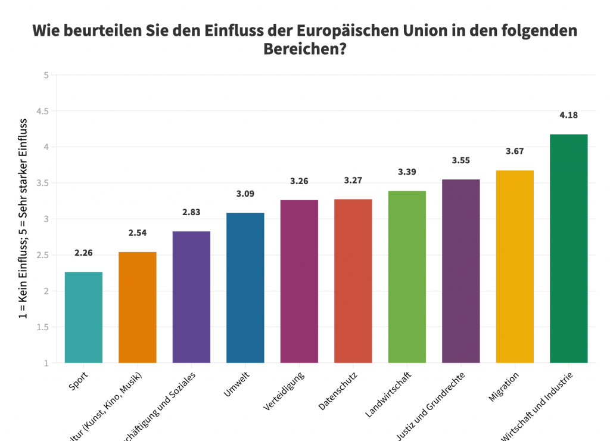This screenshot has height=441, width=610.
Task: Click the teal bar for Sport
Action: pyautogui.click(x=83, y=317)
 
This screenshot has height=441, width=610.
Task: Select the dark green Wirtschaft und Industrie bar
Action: pyautogui.click(x=568, y=249)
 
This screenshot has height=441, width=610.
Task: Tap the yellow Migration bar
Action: pyautogui.click(x=515, y=266)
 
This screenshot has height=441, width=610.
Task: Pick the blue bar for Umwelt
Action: pyautogui.click(x=245, y=287)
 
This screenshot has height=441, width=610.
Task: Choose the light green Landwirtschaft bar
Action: pyautogui.click(x=407, y=277)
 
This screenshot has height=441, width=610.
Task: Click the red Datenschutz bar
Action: pyautogui.click(x=353, y=281)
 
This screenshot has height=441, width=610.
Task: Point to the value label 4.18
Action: pyautogui.click(x=568, y=115)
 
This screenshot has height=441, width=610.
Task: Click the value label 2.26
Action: pyautogui.click(x=84, y=253)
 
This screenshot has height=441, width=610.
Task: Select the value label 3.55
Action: pyautogui.click(x=461, y=160)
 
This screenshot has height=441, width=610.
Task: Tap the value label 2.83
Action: pyautogui.click(x=191, y=212)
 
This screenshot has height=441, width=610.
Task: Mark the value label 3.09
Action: pyautogui.click(x=245, y=194)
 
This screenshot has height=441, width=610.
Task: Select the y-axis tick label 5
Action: pyautogui.click(x=46, y=75)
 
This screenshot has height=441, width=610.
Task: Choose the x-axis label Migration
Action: pyautogui.click(x=504, y=387)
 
